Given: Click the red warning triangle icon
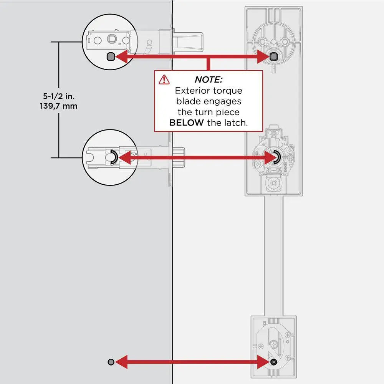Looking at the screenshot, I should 164,79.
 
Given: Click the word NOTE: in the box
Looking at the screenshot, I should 208,80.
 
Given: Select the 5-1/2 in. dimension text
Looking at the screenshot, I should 58,96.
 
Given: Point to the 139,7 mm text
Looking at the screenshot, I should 58,106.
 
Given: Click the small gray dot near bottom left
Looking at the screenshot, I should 111,362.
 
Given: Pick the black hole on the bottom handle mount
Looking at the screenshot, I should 273,362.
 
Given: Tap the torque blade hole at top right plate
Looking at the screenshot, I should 273,57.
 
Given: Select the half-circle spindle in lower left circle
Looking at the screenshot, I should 113,157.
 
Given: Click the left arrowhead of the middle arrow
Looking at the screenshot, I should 124,157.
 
